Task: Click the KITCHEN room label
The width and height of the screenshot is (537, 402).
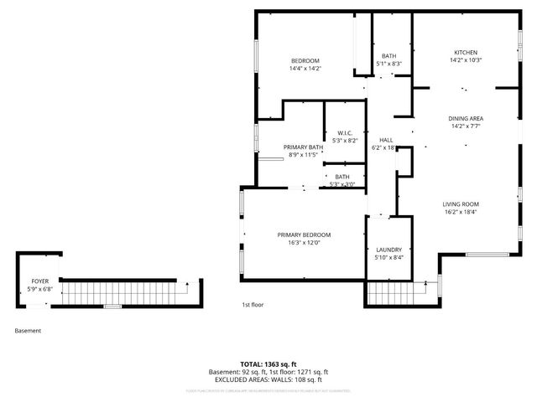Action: [466, 52]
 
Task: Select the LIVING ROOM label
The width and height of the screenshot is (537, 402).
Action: [461, 204]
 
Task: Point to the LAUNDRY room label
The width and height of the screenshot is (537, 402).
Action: [388, 250]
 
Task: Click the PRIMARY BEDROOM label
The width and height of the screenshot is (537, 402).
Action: [304, 234]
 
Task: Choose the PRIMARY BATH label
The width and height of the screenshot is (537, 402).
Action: [303, 147]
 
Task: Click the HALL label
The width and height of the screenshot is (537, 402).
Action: [386, 140]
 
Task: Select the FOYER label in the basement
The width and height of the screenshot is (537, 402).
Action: [39, 281]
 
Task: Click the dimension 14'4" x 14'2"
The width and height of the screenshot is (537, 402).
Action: [305, 69]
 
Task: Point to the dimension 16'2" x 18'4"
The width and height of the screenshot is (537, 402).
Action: [461, 212]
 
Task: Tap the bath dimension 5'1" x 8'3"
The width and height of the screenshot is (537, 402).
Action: [388, 64]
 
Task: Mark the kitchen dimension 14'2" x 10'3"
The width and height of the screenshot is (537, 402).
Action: [466, 60]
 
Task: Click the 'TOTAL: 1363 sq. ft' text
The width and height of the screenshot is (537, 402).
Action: [268, 364]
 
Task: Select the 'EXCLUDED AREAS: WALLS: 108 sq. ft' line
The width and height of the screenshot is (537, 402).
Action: [268, 379]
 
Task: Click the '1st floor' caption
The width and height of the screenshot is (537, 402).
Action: [253, 305]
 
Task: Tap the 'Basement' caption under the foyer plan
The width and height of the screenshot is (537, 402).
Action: [28, 331]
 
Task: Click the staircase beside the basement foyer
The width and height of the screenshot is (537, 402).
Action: [126, 293]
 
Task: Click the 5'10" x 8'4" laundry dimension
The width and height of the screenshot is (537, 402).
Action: [388, 257]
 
